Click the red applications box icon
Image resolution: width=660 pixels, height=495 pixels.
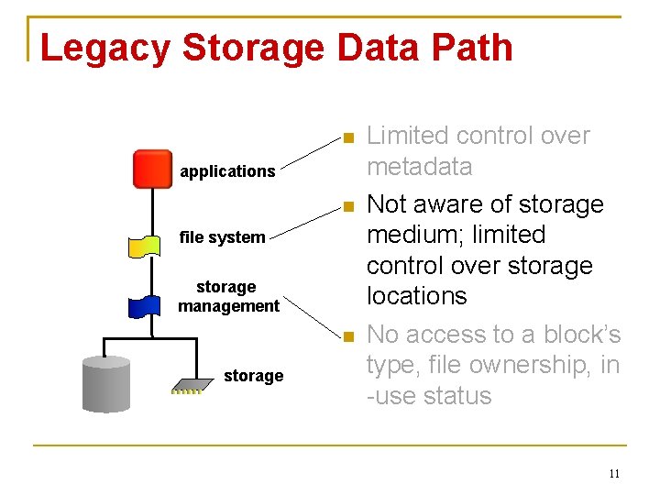tap(152, 169)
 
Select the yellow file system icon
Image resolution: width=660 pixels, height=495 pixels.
tap(146, 246)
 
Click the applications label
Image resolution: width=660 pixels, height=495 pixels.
tap(227, 171)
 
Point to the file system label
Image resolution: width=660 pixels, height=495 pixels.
tap(222, 237)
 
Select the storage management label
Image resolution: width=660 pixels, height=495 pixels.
tap(228, 297)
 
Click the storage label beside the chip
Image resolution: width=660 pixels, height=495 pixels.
tap(253, 376)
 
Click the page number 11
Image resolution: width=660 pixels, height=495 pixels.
tap(613, 474)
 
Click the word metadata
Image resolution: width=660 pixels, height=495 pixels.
tap(420, 167)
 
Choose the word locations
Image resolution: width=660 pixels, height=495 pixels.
tap(417, 296)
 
